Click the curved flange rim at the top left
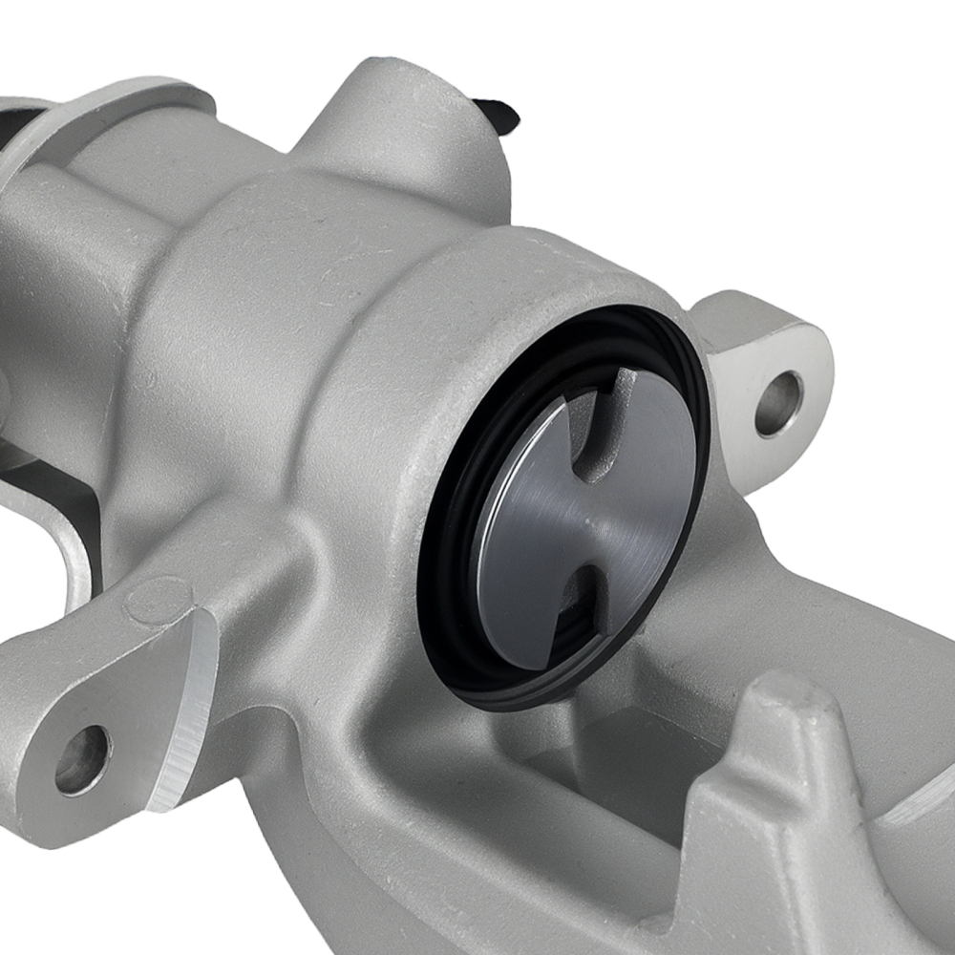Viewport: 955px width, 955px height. [x=143, y=105]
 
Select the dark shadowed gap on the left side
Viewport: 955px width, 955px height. [x=57, y=516]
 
